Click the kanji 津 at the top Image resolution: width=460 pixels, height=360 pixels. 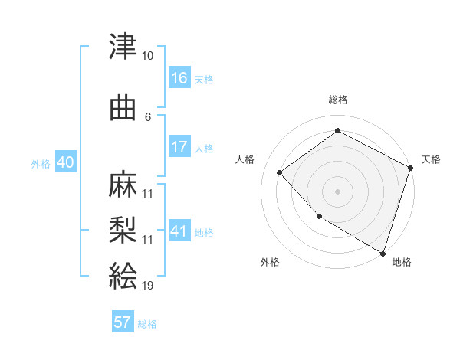coord(123,47)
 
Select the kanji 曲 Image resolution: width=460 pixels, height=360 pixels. coord(123,110)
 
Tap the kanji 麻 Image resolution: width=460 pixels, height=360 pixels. coord(123,185)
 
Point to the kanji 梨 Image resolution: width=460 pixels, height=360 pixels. coord(123,228)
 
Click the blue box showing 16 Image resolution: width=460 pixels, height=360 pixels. coord(179,78)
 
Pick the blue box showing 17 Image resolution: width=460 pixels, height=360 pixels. coord(179,147)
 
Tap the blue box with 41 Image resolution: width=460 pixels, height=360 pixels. coord(179,231)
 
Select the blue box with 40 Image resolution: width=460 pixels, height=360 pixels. coord(65,163)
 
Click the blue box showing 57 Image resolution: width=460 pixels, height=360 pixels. coord(123,322)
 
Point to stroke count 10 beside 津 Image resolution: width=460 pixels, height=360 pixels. coord(148,56)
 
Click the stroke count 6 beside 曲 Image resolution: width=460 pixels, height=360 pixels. coord(148,116)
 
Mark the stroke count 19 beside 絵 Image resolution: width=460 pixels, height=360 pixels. coord(148,285)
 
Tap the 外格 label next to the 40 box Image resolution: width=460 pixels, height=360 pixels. coord(41,164)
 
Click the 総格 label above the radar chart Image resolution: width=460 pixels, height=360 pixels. coord(338,100)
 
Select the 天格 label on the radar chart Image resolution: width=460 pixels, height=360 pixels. coord(431,159)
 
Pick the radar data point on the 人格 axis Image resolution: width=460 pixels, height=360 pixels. coord(280,172)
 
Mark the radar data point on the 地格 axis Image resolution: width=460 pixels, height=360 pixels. coord(383,252)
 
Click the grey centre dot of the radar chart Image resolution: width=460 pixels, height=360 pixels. coord(338,191)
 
